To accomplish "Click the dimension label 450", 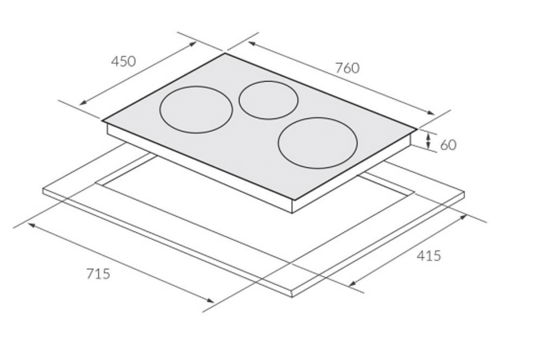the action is (124, 61).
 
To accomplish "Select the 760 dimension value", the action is (347, 68).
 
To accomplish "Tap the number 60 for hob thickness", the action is (449, 145).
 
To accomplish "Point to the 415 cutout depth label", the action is (428, 256).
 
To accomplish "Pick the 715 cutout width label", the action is (98, 273).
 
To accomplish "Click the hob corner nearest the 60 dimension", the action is (416, 129).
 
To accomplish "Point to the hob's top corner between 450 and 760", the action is (225, 53).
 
